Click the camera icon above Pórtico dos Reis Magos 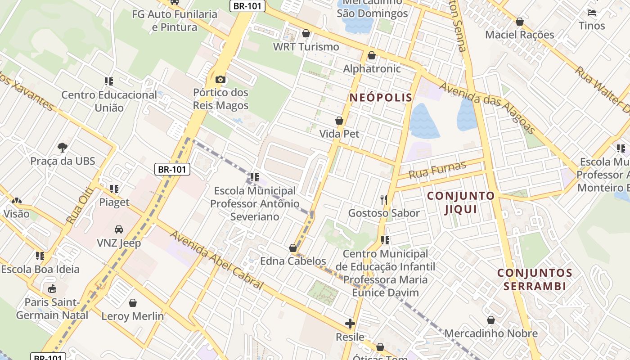tap(220, 80)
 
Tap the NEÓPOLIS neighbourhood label tap(381, 97)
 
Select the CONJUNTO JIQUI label tap(460, 202)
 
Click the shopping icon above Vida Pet tap(339, 121)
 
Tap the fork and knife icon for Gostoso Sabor tap(384, 199)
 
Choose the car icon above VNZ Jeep tap(119, 229)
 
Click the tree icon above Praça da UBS tap(63, 147)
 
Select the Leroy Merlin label tap(133, 316)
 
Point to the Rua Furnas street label tap(437, 170)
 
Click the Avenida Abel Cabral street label tap(216, 260)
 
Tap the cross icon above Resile tap(350, 323)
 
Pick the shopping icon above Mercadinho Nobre tap(491, 320)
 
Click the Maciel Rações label tap(519, 35)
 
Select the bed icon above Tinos tap(592, 12)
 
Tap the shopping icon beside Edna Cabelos tap(293, 248)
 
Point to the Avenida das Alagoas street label tap(488, 108)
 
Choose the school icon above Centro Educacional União tap(109, 81)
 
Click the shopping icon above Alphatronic tap(372, 55)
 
